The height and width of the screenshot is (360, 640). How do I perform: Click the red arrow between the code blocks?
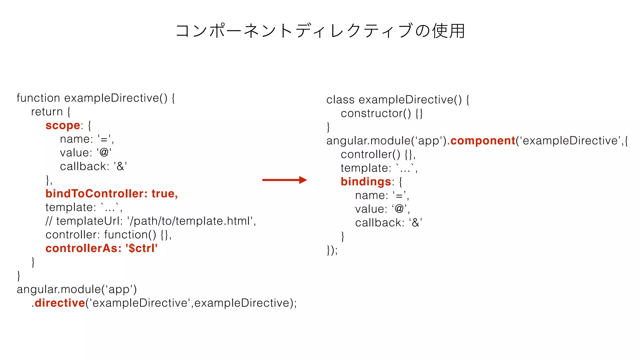(x=284, y=180)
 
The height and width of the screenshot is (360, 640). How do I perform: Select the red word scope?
(x=63, y=126)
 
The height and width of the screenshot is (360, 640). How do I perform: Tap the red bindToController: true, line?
(x=112, y=194)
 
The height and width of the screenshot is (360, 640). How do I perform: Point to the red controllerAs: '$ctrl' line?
(x=101, y=248)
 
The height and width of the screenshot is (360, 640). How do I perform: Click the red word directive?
(x=60, y=303)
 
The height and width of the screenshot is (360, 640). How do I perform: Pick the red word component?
(x=483, y=141)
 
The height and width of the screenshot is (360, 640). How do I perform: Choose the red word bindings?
(x=366, y=182)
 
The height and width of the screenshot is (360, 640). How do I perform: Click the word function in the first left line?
(x=38, y=98)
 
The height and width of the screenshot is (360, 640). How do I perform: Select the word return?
(x=47, y=112)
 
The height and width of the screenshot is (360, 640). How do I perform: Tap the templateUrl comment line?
(x=151, y=221)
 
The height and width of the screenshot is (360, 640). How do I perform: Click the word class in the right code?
(x=340, y=100)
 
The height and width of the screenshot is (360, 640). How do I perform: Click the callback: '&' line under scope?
(x=93, y=167)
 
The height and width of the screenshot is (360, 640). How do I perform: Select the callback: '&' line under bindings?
(x=388, y=223)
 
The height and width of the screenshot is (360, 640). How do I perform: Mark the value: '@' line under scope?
(x=86, y=153)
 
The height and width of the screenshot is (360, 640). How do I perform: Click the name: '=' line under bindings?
(x=382, y=196)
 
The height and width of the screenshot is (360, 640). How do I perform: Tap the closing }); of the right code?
(x=332, y=250)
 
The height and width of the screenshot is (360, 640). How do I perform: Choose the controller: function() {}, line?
(x=108, y=235)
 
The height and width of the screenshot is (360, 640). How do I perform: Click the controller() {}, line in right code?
(x=378, y=154)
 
